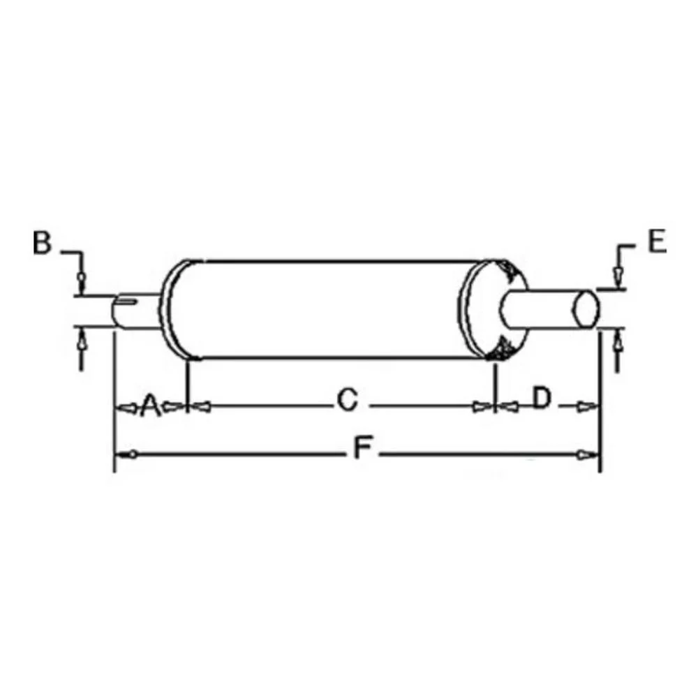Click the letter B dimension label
(x=42, y=244)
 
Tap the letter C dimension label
(x=347, y=401)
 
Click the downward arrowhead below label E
(x=617, y=277)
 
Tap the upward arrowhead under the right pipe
(x=617, y=342)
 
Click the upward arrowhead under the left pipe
(x=81, y=341)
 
